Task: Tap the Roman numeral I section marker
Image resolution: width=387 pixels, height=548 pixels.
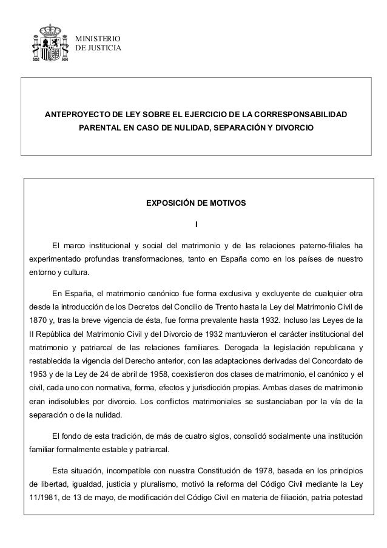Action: (x=195, y=226)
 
